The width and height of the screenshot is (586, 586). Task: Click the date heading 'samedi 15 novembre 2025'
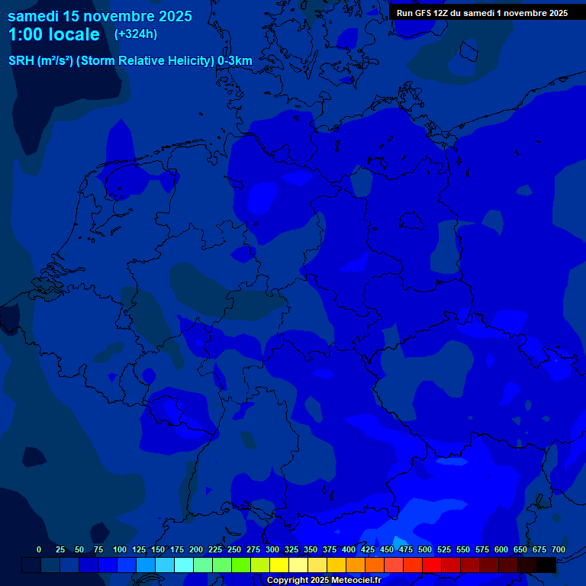point(99,16)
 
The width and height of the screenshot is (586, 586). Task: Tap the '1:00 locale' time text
point(53,34)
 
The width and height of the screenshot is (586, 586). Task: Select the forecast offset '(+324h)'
point(135,34)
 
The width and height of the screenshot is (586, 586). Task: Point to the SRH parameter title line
point(130,61)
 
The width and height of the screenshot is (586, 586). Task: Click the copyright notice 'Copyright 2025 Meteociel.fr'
point(324,581)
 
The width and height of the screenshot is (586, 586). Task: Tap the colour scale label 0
point(39,549)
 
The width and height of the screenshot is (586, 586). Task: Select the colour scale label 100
point(120,549)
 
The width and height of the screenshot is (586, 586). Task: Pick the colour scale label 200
point(196,549)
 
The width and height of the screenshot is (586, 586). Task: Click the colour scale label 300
point(272,549)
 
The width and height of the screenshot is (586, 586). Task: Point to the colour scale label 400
point(349,549)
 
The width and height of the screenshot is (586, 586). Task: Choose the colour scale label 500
point(425,549)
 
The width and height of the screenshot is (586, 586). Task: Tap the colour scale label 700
point(559,549)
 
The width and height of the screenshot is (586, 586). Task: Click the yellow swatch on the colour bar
point(279,565)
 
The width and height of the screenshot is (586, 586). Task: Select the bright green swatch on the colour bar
point(241,565)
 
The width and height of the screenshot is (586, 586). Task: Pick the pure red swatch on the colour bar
point(432,565)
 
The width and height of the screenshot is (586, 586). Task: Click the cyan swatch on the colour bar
point(184,565)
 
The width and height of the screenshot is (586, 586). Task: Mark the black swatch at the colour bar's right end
point(546,565)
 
